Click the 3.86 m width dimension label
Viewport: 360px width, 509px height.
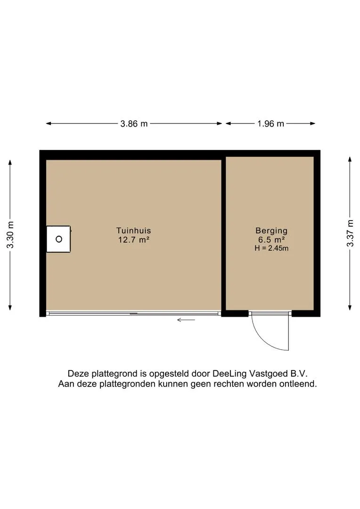click(134, 123)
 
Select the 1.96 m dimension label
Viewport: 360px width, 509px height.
click(270, 123)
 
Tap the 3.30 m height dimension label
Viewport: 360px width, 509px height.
click(10, 235)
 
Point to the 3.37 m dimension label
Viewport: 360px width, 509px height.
click(350, 233)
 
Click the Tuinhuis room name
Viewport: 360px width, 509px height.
click(134, 230)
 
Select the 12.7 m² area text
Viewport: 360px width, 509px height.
click(134, 240)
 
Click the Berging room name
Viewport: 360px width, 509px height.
click(271, 231)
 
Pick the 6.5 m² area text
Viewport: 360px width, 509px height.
click(271, 240)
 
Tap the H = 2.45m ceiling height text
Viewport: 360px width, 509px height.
click(271, 248)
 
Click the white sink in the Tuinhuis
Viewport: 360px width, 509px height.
click(58, 239)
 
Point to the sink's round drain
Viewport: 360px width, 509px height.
click(59, 239)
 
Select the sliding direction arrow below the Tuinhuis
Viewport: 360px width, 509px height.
click(186, 320)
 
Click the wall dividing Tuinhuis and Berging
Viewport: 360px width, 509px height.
click(223, 234)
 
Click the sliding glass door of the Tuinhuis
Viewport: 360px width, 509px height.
click(133, 313)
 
